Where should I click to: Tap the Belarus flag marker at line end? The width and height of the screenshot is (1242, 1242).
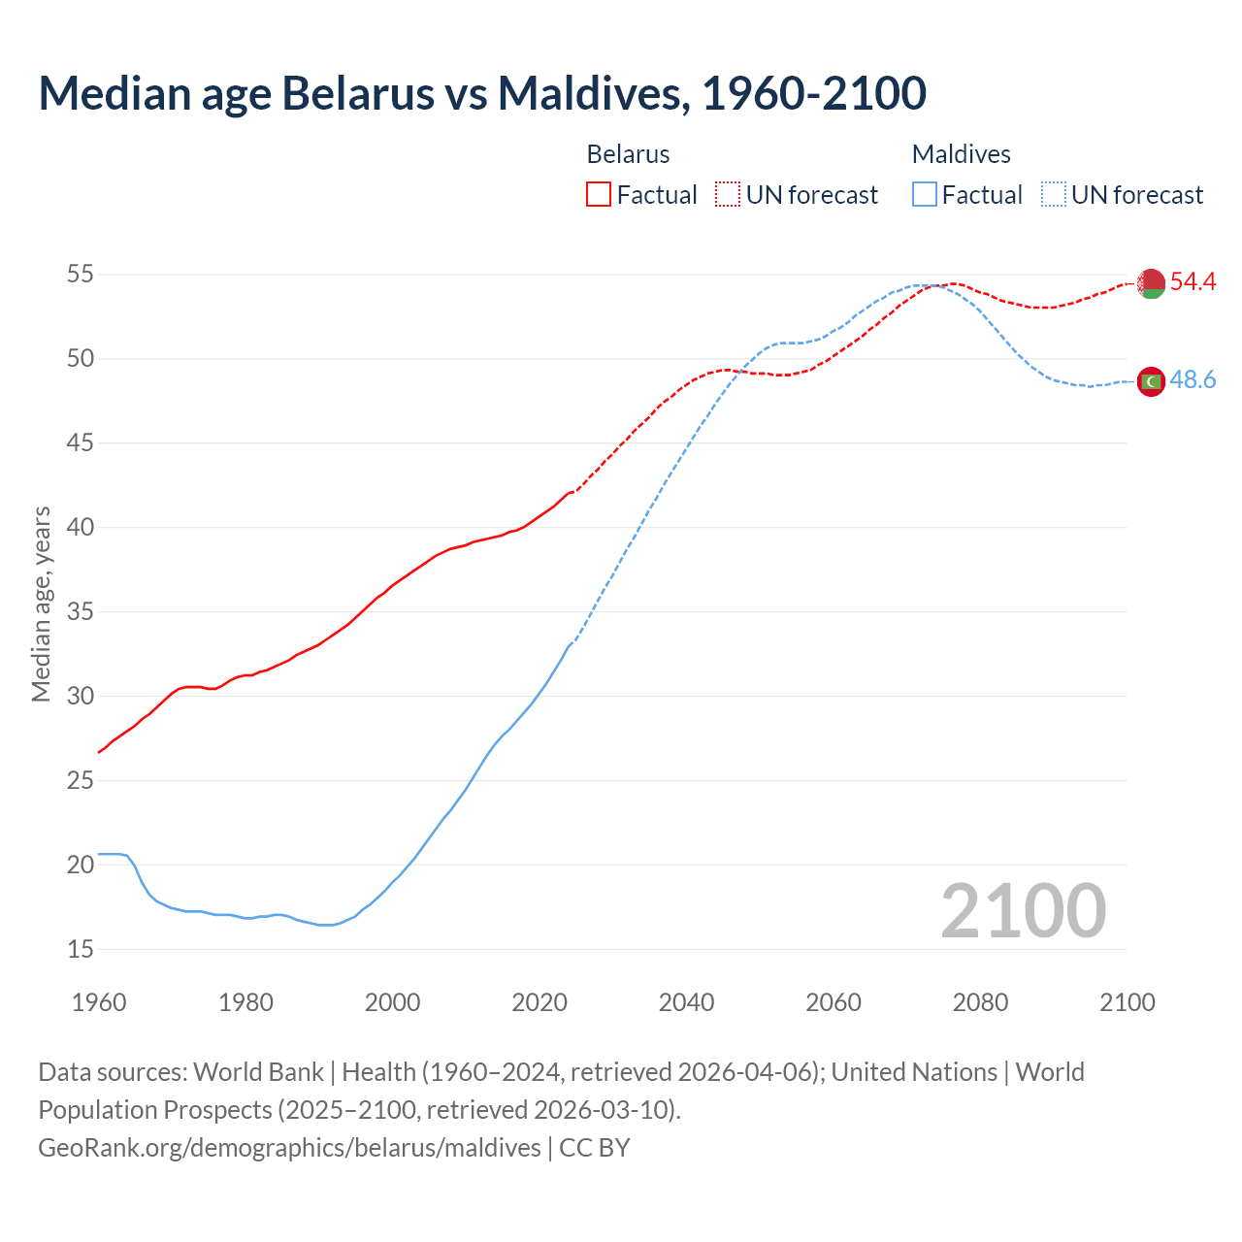click(1151, 283)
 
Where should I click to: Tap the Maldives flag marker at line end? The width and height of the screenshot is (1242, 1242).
click(1151, 382)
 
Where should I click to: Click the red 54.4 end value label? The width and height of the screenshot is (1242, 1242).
click(1193, 282)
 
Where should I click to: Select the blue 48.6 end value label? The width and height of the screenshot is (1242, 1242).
click(1193, 380)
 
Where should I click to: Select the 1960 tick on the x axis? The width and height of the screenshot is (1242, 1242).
click(99, 1002)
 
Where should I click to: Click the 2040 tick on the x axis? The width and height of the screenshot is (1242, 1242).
click(686, 1002)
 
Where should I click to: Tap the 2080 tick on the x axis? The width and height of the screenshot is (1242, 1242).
click(980, 1002)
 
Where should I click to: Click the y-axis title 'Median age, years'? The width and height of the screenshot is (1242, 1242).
click(41, 604)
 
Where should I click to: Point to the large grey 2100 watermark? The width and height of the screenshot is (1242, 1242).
click(1023, 910)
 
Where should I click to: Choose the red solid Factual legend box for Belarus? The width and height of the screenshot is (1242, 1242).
click(599, 195)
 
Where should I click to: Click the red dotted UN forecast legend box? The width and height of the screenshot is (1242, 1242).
click(728, 195)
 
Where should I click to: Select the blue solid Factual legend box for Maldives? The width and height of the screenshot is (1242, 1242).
click(925, 195)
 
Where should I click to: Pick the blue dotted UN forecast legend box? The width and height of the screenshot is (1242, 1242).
click(1053, 195)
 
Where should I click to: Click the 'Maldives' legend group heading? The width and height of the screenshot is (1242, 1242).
click(961, 154)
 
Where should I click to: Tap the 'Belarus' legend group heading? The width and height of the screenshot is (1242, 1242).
click(628, 154)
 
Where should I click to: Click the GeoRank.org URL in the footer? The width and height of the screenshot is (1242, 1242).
click(289, 1148)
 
